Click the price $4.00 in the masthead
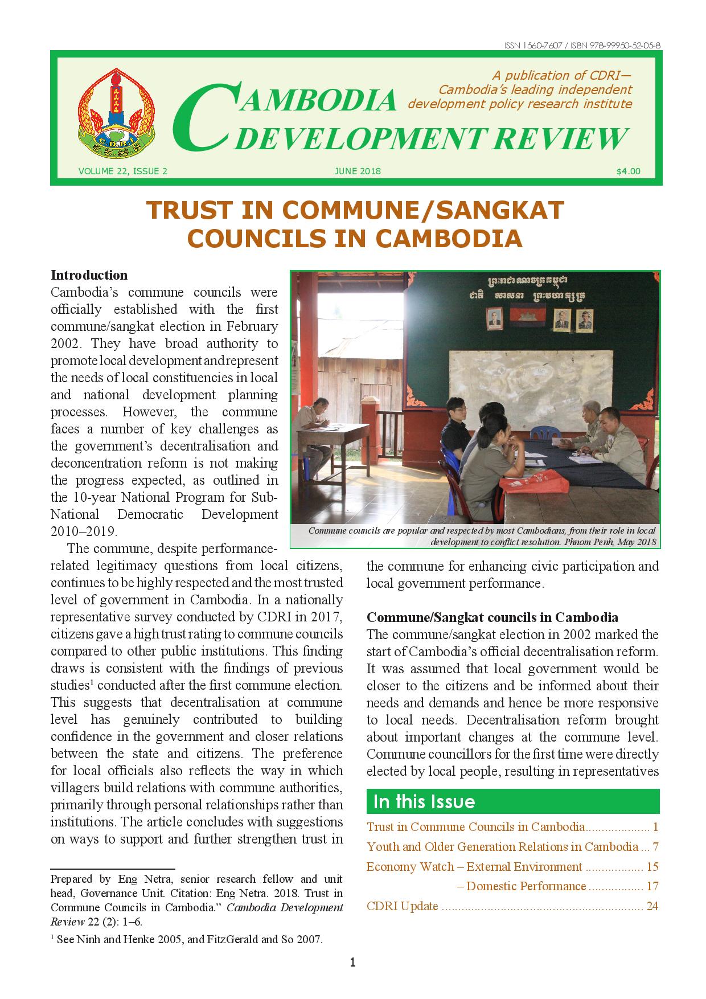coord(628,171)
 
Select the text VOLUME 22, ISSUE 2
coord(123,171)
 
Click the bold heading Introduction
coord(89,275)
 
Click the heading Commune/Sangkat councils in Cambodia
coord(492,617)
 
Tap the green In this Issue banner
coord(512,801)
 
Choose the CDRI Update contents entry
coord(403,906)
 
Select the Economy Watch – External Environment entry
coord(474,867)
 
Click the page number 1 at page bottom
coord(353,963)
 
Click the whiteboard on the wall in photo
coord(529,379)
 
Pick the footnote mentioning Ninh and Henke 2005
coord(188,940)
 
